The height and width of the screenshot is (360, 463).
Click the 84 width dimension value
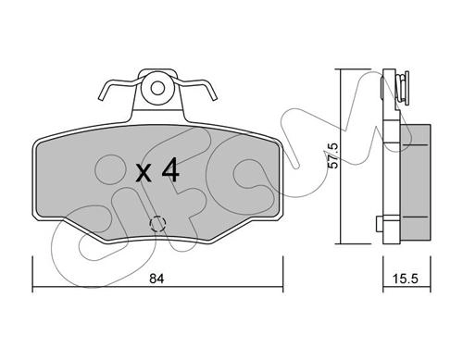(156, 279)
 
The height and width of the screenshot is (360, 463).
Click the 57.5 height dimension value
(332, 155)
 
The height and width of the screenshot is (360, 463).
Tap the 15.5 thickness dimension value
(406, 279)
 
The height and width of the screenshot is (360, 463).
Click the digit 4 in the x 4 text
(170, 170)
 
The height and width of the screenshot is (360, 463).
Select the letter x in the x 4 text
(144, 173)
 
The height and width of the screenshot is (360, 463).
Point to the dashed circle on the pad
(157, 223)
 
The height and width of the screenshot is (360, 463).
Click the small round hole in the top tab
(157, 88)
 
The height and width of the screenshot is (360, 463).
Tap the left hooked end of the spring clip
(103, 96)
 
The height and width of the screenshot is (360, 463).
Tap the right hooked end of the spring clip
(213, 96)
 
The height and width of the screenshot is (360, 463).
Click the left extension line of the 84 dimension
(32, 274)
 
